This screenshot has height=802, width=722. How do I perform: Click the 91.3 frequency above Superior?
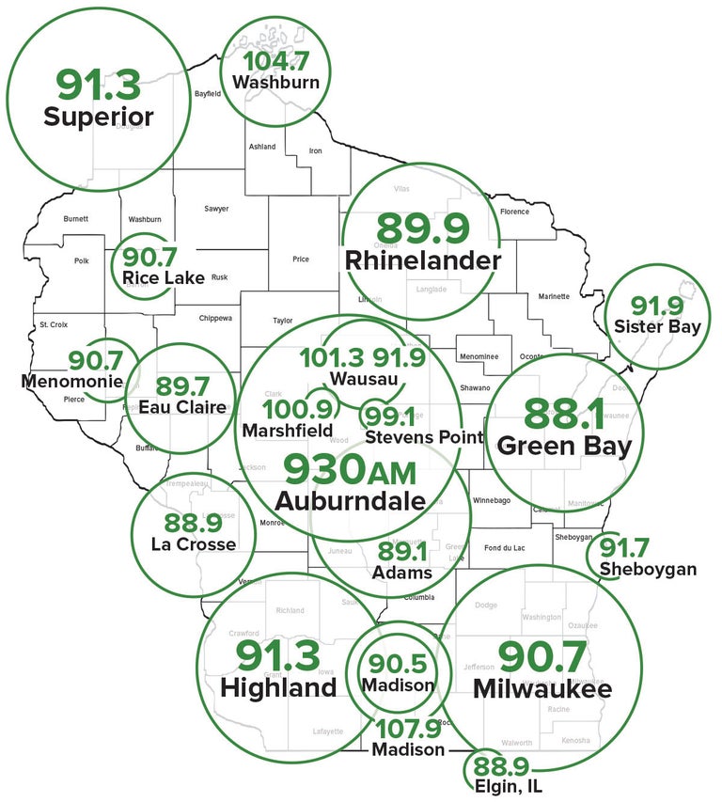click(x=98, y=84)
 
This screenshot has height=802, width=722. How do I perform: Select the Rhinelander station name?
click(x=423, y=260)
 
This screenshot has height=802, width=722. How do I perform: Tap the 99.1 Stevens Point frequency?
click(x=391, y=416)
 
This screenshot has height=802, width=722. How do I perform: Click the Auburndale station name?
click(x=350, y=500)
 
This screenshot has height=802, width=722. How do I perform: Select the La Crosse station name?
click(x=193, y=543)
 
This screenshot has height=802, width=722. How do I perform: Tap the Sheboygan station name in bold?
click(x=649, y=569)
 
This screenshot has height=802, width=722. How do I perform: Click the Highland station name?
click(x=278, y=687)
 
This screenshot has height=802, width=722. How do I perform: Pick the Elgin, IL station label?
click(x=508, y=785)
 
